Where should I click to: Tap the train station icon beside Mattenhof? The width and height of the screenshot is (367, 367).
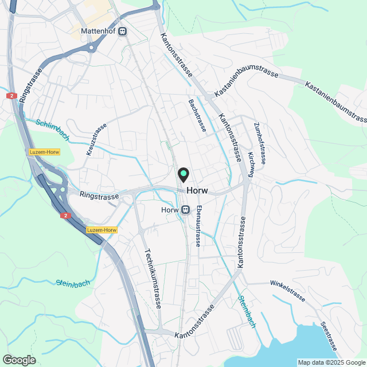pos(123,33)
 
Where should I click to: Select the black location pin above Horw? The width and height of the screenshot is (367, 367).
pos(183,173)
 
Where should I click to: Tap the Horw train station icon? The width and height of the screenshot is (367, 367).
pos(185,210)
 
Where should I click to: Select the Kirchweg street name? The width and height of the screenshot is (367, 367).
pos(251,164)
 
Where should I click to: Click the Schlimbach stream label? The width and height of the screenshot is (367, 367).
pos(53,130)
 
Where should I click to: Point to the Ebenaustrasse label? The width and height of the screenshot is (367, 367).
pos(198,226)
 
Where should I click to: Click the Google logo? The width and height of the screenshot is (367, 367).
pos(19,360)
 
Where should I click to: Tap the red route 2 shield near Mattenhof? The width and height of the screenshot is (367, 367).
pos(11,96)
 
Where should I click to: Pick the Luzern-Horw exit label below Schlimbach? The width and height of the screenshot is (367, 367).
pos(44,151)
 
